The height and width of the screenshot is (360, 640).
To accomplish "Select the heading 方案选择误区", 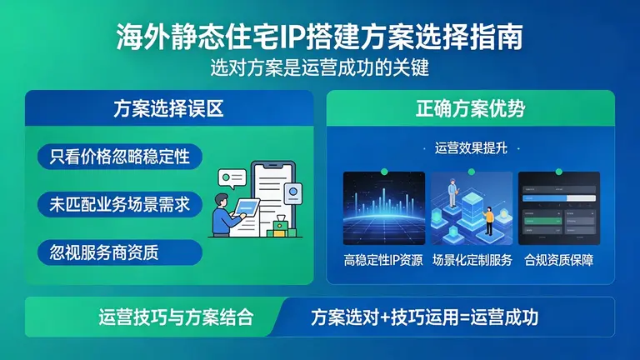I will [168, 109].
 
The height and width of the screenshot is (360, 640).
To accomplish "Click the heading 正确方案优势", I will [470, 109].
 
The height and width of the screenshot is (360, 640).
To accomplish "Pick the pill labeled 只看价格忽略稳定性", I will [120, 157].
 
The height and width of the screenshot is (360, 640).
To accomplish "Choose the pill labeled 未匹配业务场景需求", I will [120, 204].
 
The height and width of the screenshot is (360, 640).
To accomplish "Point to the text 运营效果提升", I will [470, 148].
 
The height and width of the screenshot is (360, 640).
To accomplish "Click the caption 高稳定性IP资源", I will [383, 260].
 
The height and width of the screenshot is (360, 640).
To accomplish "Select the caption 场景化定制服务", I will [471, 260].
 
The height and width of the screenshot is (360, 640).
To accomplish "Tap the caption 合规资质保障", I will [559, 260].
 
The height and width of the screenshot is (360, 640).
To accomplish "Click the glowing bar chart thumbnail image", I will [383, 207].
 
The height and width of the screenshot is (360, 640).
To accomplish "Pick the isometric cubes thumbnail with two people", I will [471, 207].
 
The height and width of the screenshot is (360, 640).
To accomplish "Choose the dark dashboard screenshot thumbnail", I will [559, 207].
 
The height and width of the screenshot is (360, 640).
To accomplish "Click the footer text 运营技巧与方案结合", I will [152, 317].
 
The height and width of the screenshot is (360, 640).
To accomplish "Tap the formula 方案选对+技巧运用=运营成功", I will [424, 317].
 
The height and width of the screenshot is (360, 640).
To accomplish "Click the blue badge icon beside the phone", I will [292, 193].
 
